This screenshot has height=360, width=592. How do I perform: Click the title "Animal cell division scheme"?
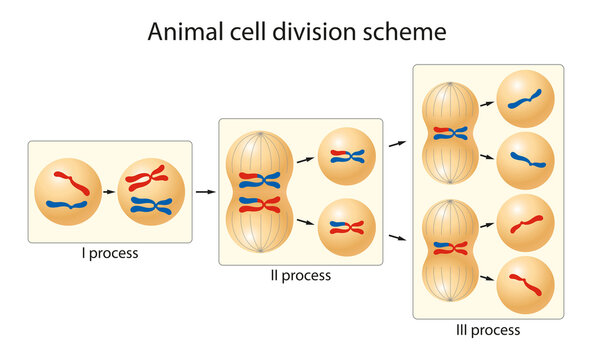[x=296, y=32]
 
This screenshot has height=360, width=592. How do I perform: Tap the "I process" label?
[x=110, y=254]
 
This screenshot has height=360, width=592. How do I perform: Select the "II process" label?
[x=299, y=275]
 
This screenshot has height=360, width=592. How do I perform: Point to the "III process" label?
[x=488, y=329]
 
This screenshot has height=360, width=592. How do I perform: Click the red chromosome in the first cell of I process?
[x=72, y=182]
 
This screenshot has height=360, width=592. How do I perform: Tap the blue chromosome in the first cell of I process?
[x=67, y=205]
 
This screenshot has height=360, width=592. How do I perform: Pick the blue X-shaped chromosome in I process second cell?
[x=151, y=206]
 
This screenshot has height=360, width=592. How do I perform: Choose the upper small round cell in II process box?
[x=346, y=156]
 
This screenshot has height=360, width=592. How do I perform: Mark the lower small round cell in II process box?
[x=346, y=227]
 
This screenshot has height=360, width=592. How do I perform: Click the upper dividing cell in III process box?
[x=449, y=133]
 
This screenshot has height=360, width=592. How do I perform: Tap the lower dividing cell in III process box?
[x=449, y=249]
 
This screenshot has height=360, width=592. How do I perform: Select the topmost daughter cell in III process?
[x=525, y=99]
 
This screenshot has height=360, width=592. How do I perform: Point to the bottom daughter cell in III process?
[x=525, y=285]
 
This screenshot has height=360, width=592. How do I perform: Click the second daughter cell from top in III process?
[x=525, y=160]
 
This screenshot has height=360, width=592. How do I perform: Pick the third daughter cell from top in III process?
[x=525, y=223]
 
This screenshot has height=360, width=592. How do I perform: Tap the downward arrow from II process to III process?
[x=397, y=237]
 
